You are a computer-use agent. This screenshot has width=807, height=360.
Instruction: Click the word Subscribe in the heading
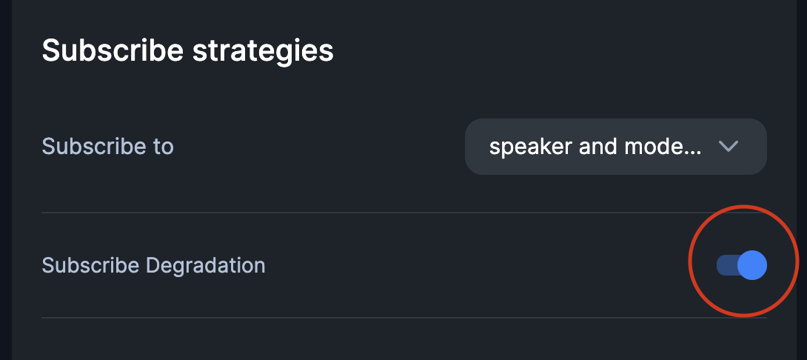[x=111, y=51]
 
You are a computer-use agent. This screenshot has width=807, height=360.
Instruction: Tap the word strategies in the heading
[x=263, y=51]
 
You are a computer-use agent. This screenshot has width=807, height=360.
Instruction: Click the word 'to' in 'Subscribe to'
[x=163, y=146]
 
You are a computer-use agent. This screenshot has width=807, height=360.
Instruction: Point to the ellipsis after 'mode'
[x=694, y=151]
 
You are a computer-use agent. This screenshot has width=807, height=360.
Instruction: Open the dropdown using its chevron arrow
[x=729, y=147]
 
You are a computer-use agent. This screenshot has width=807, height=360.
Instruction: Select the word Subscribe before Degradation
[x=91, y=264]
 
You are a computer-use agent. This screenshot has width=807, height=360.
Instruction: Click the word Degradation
[x=205, y=264]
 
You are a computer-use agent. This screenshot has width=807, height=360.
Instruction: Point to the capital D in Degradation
[x=153, y=264]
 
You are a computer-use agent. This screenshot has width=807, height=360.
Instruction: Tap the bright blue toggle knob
[x=752, y=265]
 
